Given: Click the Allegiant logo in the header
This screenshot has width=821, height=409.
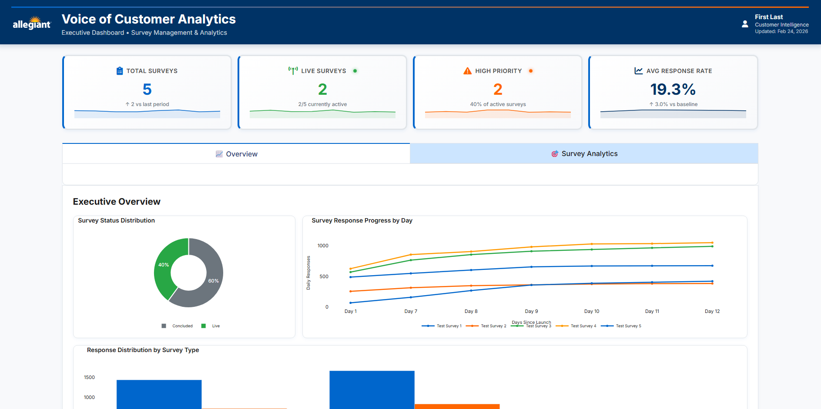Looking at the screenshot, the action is pyautogui.click(x=32, y=23).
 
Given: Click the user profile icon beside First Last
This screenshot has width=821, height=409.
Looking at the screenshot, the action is pyautogui.click(x=745, y=24).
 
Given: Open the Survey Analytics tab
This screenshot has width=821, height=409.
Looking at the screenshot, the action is pyautogui.click(x=584, y=153).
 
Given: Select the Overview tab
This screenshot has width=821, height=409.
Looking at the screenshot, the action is pyautogui.click(x=236, y=154).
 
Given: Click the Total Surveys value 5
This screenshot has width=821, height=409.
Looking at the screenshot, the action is pyautogui.click(x=147, y=90).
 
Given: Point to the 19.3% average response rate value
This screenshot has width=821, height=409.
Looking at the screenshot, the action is pyautogui.click(x=673, y=90).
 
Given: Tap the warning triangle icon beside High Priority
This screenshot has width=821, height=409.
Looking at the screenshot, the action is pyautogui.click(x=468, y=71).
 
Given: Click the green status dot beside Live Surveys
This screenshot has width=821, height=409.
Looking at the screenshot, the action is pyautogui.click(x=355, y=71).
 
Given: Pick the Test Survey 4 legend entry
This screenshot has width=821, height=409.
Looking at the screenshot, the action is pyautogui.click(x=576, y=326).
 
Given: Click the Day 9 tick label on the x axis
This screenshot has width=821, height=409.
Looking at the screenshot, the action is pyautogui.click(x=531, y=311).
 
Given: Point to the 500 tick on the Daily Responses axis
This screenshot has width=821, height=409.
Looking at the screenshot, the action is pyautogui.click(x=324, y=276).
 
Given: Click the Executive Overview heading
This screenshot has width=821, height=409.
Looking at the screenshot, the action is pyautogui.click(x=117, y=202).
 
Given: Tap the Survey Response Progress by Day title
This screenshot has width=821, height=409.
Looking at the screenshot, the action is pyautogui.click(x=362, y=220).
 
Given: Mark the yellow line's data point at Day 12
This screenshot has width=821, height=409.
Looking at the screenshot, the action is pyautogui.click(x=712, y=243).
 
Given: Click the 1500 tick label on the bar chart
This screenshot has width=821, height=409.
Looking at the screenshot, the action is pyautogui.click(x=89, y=377).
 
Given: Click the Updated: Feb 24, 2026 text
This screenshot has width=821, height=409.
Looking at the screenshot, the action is pyautogui.click(x=781, y=31).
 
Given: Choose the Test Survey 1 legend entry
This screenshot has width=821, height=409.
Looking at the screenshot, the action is pyautogui.click(x=442, y=326).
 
